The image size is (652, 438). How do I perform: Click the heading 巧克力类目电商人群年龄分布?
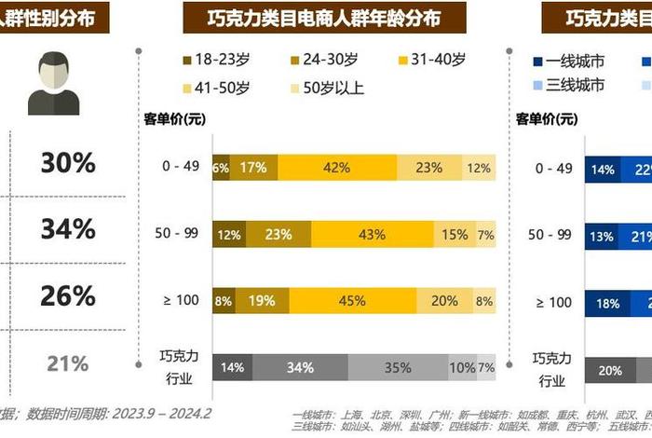[324, 17]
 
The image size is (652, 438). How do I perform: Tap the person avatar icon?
[53, 83]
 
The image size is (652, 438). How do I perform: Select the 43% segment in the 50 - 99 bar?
[372, 235]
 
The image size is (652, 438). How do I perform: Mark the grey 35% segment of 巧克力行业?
[397, 367]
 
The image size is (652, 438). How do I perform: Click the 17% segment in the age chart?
[252, 168]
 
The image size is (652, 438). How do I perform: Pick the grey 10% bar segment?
[462, 367]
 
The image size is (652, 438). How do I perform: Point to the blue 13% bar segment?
[602, 235]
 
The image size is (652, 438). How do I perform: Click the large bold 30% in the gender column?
[67, 163]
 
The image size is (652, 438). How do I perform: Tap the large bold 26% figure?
[67, 296]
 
